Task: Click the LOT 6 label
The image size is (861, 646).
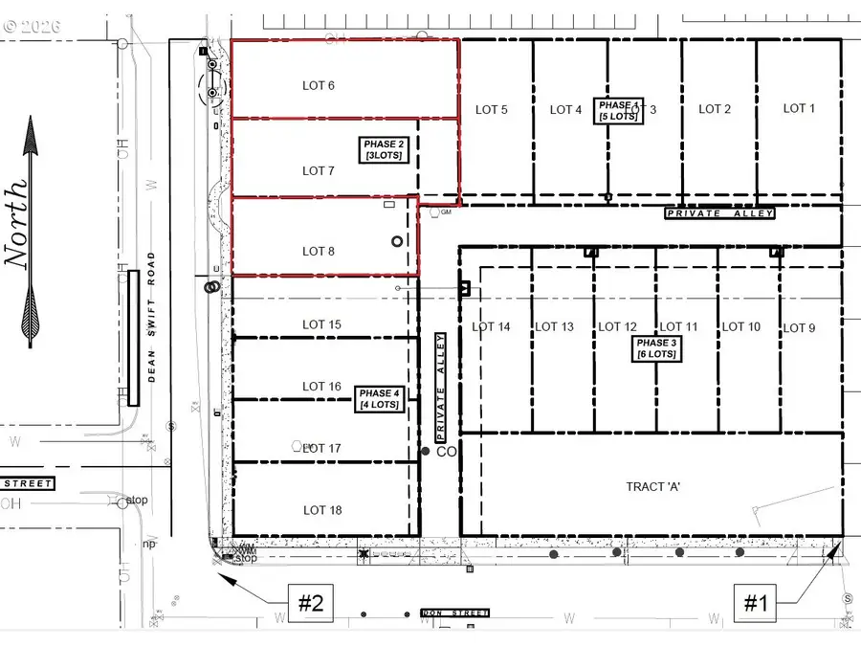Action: pos(318,86)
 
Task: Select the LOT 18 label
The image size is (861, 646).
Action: pos(321,510)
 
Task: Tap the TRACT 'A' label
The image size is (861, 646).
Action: pos(652,486)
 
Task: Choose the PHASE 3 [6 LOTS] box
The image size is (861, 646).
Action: pos(654,348)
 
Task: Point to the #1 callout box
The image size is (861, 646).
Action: pos(757,603)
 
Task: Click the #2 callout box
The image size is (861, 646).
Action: pos(309,603)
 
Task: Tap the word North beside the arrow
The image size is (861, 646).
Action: pos(18,221)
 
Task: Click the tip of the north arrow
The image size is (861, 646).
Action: pos(31,119)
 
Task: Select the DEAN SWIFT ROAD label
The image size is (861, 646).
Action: pos(151,317)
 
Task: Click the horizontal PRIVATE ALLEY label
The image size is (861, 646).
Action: pos(719,213)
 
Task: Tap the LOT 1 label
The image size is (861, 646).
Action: pos(799,108)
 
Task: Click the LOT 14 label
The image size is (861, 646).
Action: pos(491,327)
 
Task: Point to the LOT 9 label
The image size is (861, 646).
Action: pos(799,328)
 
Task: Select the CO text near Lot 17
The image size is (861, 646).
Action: pos(445,451)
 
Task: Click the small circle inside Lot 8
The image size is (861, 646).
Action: pos(397,242)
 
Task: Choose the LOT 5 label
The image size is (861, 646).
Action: pos(491,110)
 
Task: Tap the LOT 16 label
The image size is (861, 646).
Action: pos(321,387)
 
